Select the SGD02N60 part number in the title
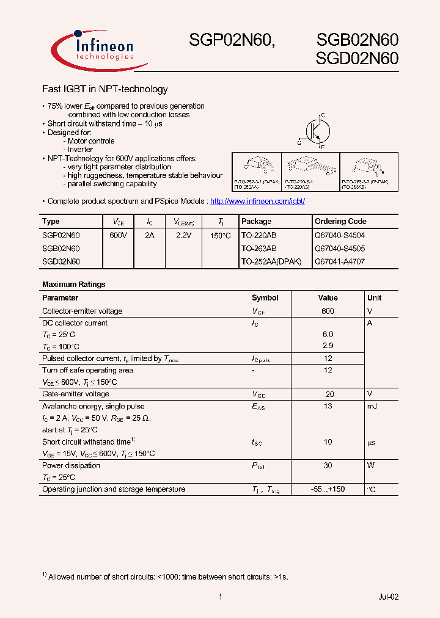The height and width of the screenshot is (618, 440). point(357,59)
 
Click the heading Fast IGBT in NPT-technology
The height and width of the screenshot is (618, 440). point(105,89)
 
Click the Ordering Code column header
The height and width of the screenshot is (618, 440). point(340,221)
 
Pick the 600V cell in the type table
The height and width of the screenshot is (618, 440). point(118,234)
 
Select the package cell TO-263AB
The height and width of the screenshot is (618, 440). point(258,249)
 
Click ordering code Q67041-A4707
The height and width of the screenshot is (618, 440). point(340,261)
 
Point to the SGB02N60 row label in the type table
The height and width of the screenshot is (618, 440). point(61,249)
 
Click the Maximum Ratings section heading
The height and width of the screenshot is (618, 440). point(73,284)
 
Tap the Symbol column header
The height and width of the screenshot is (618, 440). point(265,298)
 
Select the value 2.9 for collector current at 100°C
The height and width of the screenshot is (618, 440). point(328,346)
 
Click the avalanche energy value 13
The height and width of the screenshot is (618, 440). point(328,406)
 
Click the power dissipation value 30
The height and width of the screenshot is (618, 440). point(328,465)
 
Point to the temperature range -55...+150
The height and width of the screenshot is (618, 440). point(328,489)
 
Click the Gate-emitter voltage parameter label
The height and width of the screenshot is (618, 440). point(76,394)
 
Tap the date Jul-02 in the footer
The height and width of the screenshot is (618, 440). point(388,597)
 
